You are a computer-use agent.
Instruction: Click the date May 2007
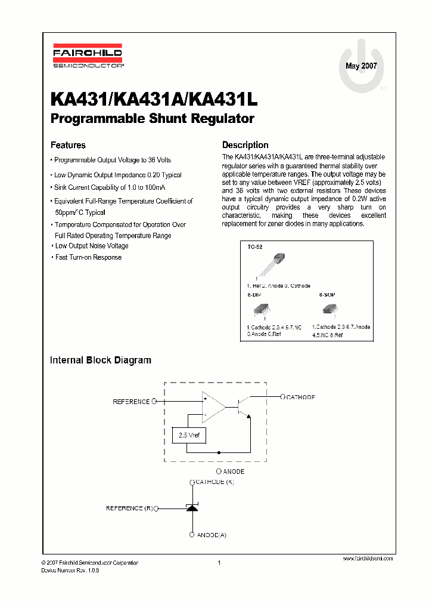point(361,66)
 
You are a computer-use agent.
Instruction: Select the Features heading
point(68,145)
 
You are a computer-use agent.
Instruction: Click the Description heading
point(245,145)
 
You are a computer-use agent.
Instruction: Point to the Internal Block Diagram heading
point(101,360)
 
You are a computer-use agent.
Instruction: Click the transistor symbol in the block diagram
point(243,407)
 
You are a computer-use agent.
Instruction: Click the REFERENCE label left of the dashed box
point(131,402)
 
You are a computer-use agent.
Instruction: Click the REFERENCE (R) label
point(129,509)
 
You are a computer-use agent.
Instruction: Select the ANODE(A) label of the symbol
point(212,535)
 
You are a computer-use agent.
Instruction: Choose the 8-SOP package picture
point(330,309)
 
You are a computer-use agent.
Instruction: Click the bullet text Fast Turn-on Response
point(88,257)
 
